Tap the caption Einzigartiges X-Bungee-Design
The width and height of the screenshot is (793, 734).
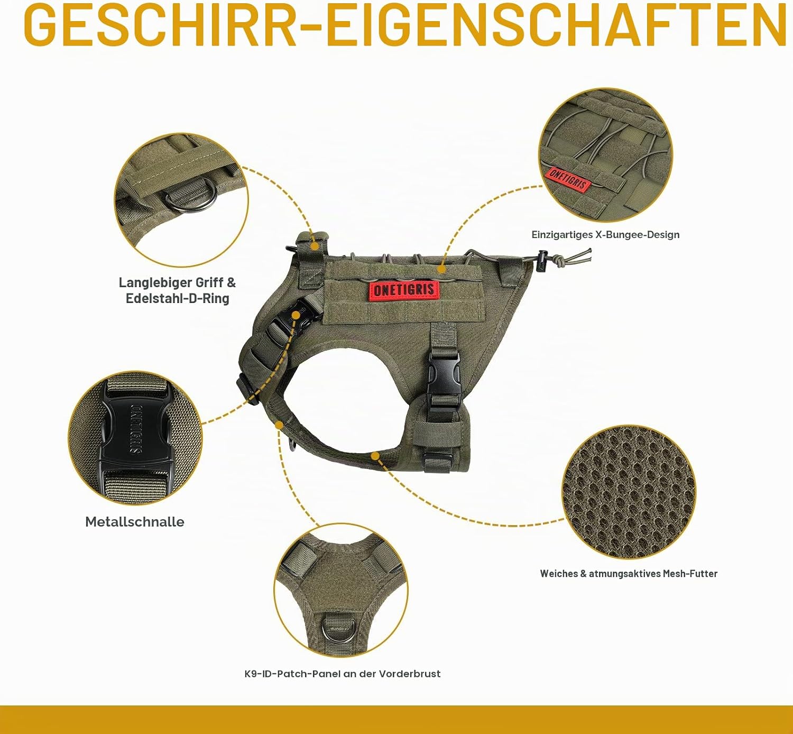[605, 235]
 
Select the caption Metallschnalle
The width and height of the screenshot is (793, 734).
[135, 522]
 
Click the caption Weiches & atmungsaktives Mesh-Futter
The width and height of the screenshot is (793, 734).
[629, 573]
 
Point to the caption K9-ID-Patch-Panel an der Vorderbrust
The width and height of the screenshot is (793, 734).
[342, 674]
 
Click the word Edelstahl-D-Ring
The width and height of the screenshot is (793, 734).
[177, 298]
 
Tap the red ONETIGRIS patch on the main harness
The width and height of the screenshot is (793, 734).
[404, 289]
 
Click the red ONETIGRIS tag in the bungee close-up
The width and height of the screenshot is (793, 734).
[568, 179]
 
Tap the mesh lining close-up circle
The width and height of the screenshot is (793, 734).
[629, 492]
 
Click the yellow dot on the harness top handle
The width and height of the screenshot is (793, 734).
[315, 246]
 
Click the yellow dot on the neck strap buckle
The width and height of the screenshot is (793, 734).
[296, 316]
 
